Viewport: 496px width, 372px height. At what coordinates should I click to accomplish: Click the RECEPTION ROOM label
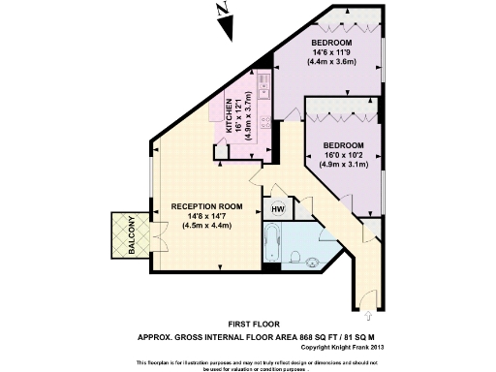(x=206, y=206)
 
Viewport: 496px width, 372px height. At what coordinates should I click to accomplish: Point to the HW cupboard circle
(x=277, y=208)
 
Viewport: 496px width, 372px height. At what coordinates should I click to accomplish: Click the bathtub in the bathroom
(x=273, y=242)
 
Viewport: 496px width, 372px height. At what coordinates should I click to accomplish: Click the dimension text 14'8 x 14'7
(x=205, y=216)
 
